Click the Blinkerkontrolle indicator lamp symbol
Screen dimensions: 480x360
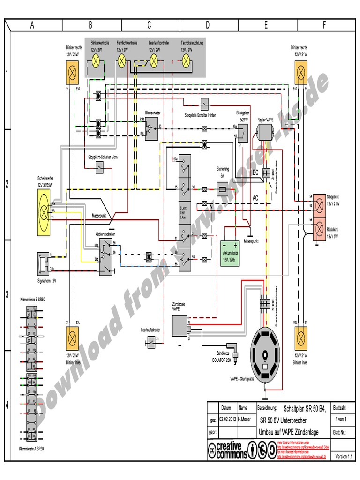coord(96,60)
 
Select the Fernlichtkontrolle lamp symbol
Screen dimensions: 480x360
coord(122,60)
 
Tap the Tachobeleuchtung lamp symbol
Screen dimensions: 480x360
coord(186,60)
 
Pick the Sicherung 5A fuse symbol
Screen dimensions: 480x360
coord(224,189)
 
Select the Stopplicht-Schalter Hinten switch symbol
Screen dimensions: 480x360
coord(204,103)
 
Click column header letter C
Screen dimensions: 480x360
coord(149,25)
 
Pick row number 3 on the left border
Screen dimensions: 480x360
coord(7,295)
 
